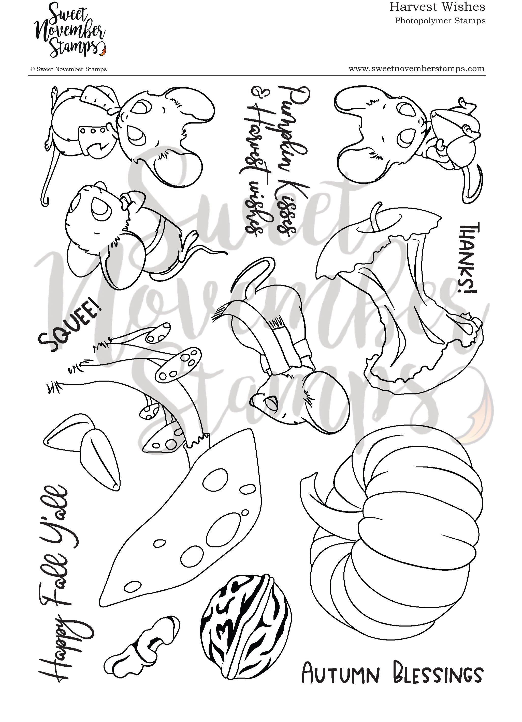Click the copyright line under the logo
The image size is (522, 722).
(68, 69)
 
